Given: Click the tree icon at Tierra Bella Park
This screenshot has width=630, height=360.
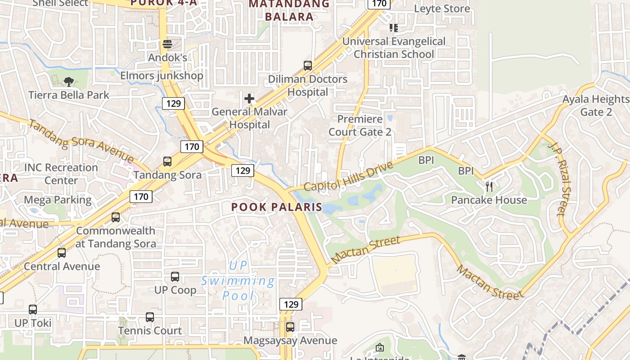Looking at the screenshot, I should pos(69,81).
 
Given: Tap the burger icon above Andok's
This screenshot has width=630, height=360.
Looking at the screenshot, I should pos(167,44).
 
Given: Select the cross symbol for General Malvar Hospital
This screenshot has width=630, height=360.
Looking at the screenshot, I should pos(249,98).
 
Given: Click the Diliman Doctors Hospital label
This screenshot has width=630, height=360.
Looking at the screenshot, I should pos(308,85).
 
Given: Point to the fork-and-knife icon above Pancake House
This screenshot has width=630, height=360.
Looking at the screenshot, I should pos(489,186).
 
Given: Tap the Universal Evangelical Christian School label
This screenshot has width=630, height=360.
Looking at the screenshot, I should pos(394,48).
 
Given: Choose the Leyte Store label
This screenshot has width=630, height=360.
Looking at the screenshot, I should pos(442,9).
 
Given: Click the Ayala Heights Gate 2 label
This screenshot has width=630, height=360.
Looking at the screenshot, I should pos(596,105).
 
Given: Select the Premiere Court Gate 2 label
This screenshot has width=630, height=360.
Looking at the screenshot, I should pos(360,126).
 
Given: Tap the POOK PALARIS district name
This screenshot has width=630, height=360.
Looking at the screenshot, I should pos(277,207).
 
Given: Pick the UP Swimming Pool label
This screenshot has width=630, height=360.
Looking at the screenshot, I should pos(238,281).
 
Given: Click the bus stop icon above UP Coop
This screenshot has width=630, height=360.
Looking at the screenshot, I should pos(175,277).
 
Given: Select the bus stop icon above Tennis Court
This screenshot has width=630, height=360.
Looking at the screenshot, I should pos(150,317).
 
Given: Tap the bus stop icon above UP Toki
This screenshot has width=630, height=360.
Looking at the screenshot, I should pos(33,310).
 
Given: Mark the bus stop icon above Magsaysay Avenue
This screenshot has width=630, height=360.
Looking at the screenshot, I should pos(290,327).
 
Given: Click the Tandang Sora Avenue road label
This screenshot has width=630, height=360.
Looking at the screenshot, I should pos(81,141).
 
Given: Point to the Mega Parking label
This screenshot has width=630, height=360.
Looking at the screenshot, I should pos(58,200).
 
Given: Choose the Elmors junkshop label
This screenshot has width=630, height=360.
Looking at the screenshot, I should pos(162,76).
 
